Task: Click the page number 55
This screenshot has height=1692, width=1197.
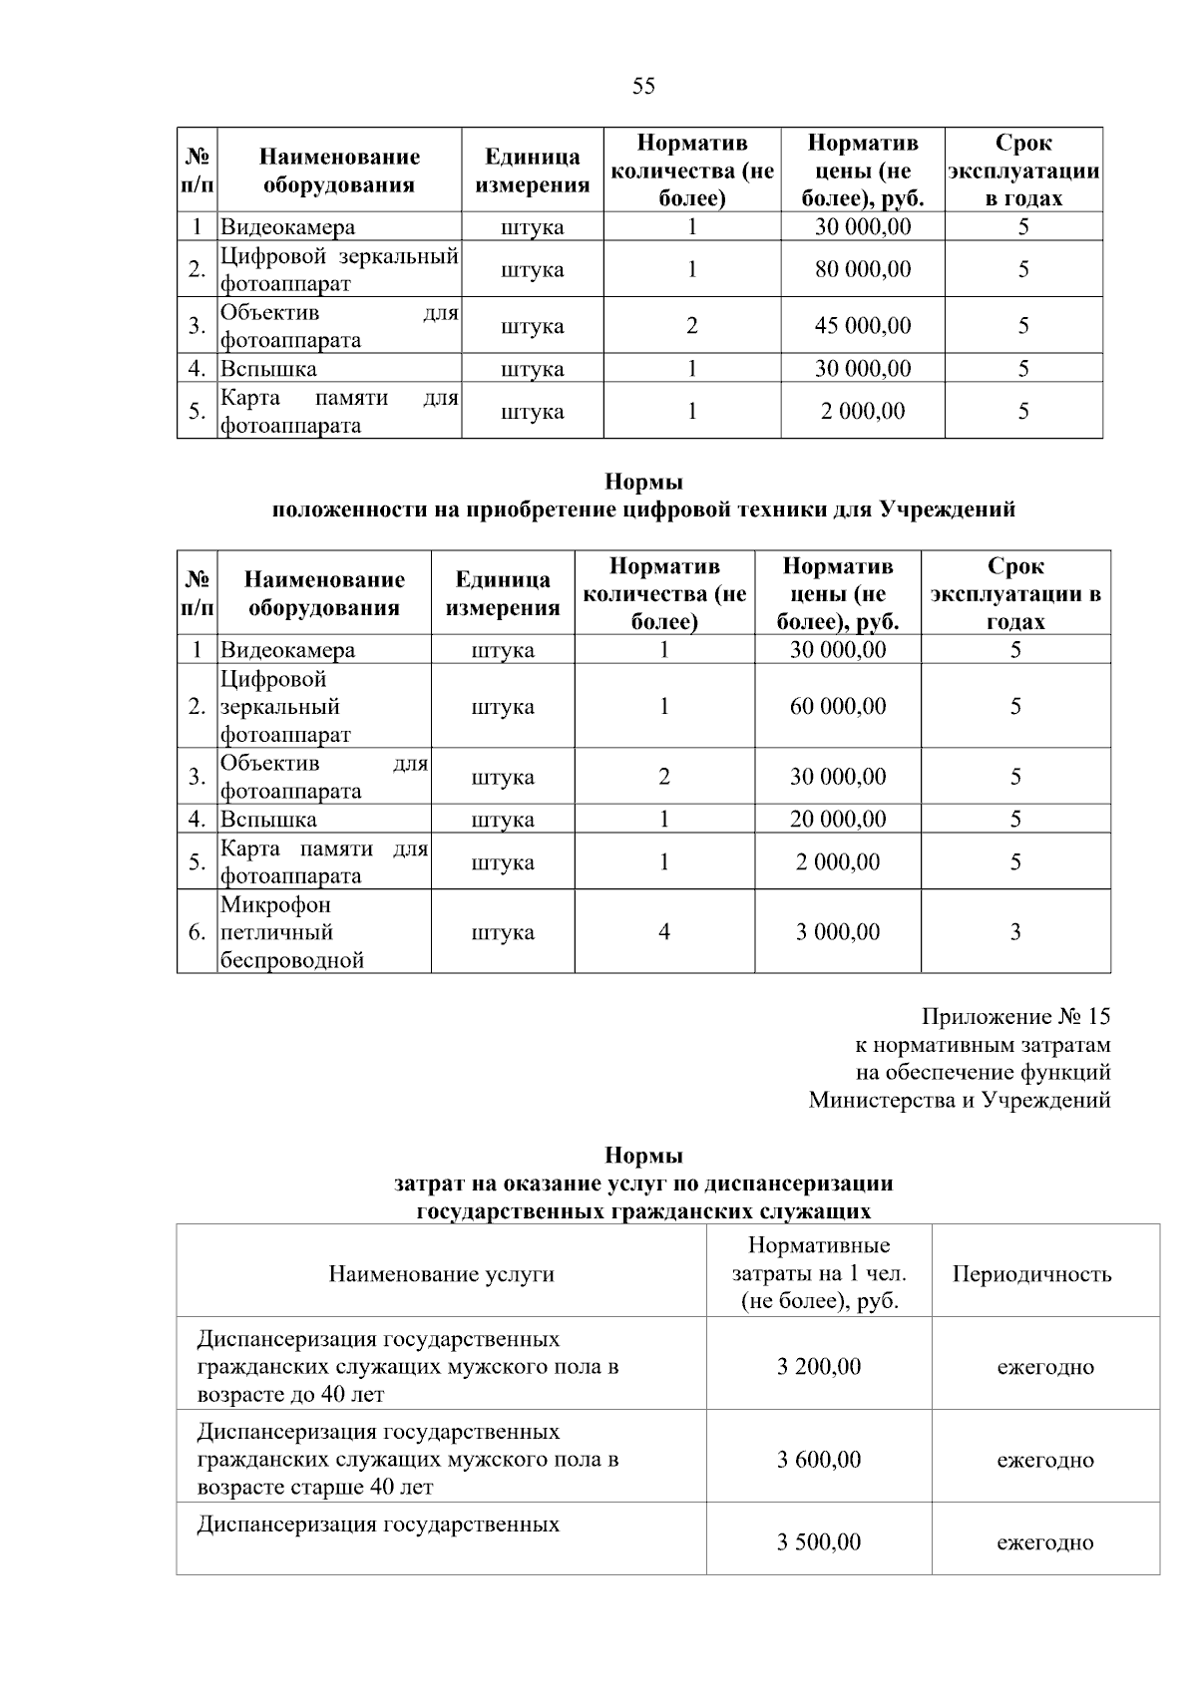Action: point(643,87)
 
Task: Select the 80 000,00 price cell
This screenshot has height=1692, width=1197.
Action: point(863,269)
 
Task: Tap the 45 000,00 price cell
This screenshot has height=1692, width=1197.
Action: point(863,326)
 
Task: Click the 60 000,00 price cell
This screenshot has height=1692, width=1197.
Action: point(838,706)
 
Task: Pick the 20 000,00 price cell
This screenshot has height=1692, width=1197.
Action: point(838,820)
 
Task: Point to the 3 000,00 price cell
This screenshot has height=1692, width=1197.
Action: point(838,932)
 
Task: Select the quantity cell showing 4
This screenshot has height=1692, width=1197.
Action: point(664,932)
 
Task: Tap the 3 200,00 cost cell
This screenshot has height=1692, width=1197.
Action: point(819,1366)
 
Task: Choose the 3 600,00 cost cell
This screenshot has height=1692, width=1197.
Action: point(819,1460)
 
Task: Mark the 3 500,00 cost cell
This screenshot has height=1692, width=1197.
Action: point(819,1542)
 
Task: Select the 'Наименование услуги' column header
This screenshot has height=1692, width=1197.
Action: point(441,1274)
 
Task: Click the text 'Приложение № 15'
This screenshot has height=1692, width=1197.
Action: point(1015,1017)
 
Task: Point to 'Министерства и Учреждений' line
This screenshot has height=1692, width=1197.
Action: point(959,1101)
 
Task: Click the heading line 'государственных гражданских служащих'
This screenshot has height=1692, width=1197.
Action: point(643,1211)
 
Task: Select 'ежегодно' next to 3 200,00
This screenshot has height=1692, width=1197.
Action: point(1045,1367)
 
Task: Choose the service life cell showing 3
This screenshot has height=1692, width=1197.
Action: point(1015,932)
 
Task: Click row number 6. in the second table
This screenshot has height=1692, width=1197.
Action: point(198,932)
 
